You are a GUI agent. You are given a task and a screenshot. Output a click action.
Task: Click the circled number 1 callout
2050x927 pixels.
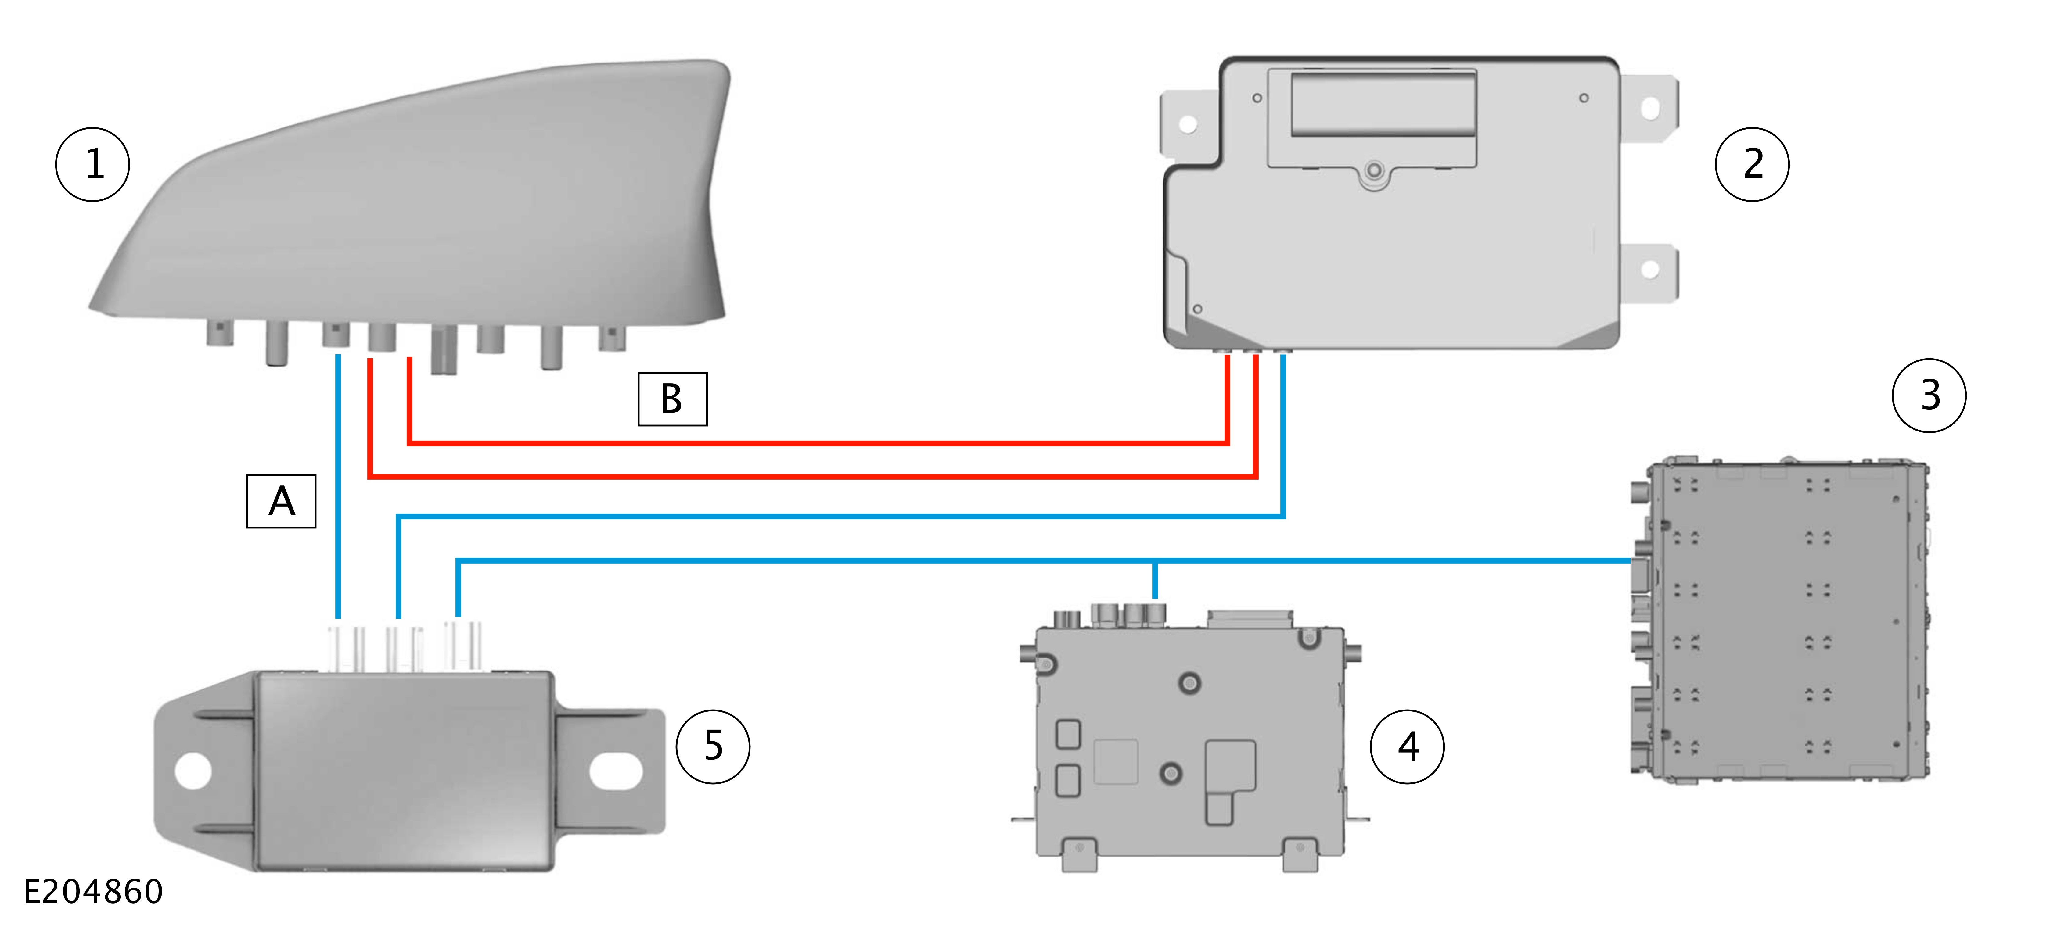pyautogui.click(x=92, y=165)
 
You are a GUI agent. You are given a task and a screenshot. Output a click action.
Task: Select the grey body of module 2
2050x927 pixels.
pyautogui.click(x=1393, y=255)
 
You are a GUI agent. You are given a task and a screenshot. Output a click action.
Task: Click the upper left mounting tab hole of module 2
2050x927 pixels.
pyautogui.click(x=1187, y=123)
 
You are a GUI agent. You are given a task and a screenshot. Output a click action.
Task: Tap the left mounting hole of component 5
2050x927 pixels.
pyautogui.click(x=192, y=770)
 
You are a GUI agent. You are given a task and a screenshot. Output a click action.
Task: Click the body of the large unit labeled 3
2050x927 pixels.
pyautogui.click(x=1782, y=621)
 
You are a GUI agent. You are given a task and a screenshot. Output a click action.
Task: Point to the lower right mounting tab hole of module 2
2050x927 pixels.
pyautogui.click(x=1650, y=270)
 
